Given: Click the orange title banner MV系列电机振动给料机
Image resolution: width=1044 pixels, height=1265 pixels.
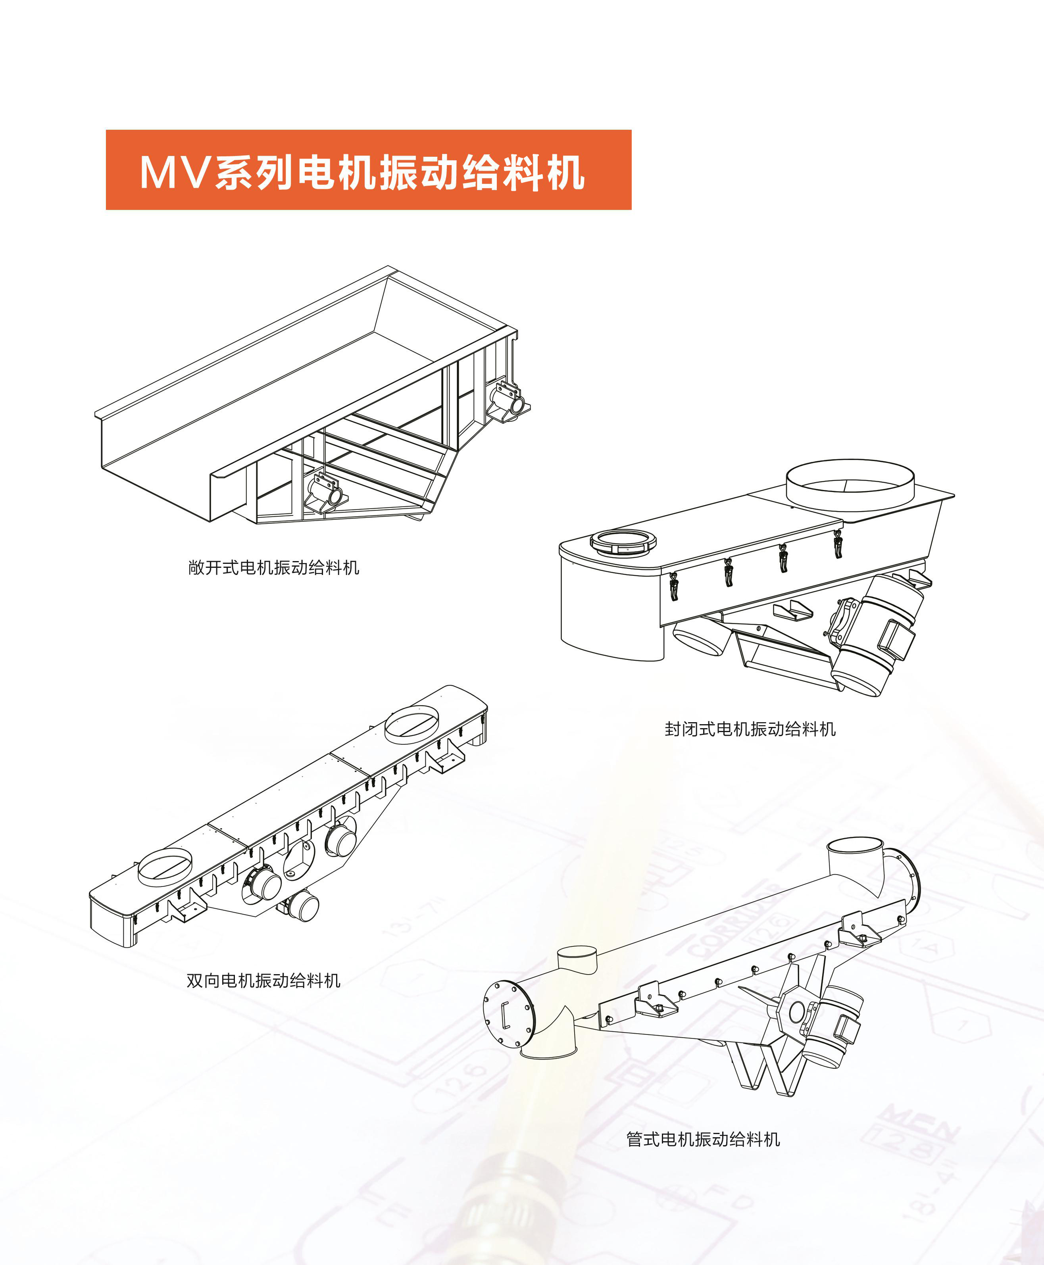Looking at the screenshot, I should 368,169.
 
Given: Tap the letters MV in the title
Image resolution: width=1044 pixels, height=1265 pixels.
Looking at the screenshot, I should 174,173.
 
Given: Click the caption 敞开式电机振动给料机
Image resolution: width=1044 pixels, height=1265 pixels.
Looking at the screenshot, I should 274,567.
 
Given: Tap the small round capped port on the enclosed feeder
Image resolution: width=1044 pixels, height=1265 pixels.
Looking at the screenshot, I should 623,541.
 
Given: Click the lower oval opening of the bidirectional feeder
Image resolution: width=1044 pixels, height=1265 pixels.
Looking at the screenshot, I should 165,866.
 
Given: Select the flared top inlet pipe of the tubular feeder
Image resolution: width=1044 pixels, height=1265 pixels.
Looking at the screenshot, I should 855,859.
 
